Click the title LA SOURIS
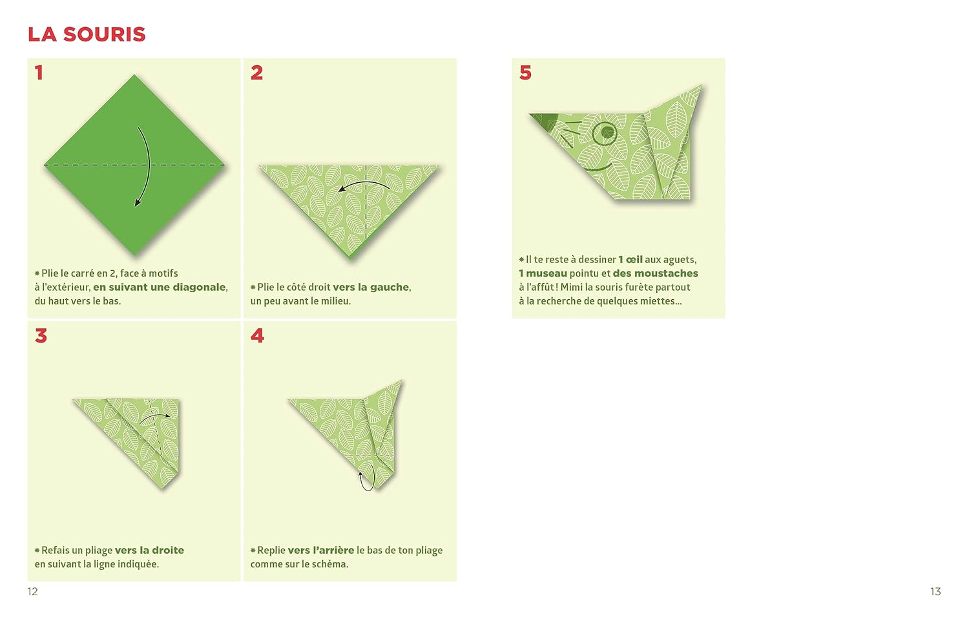tap(87, 35)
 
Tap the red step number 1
tap(39, 72)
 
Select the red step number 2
tap(256, 72)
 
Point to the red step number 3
tap(41, 335)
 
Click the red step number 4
tap(257, 335)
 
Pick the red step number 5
tap(525, 72)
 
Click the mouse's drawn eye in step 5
tap(604, 133)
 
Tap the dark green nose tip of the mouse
tap(541, 120)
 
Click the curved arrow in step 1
tap(149, 164)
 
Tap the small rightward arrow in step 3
tap(155, 415)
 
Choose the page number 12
tap(32, 591)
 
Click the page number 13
tap(935, 591)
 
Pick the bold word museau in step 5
tap(547, 273)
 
